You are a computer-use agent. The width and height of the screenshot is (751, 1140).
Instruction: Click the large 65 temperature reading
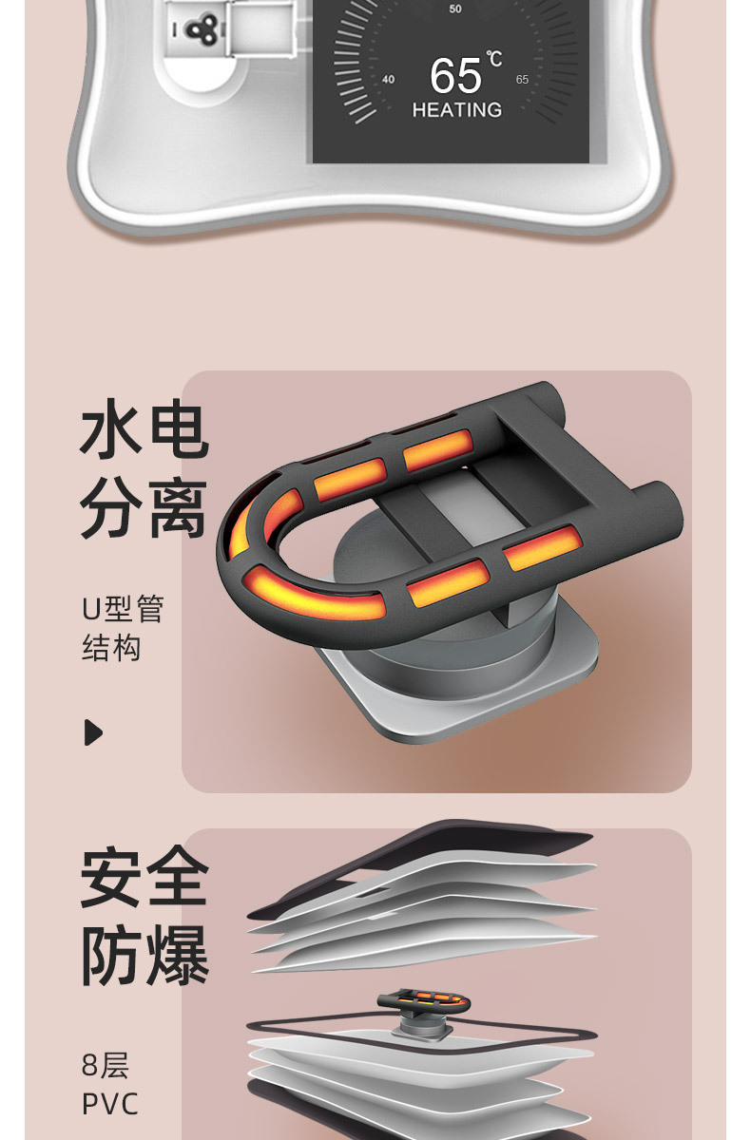455,76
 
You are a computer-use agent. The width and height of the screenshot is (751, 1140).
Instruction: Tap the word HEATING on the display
456,110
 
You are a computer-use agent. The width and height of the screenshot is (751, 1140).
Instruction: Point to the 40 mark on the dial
388,80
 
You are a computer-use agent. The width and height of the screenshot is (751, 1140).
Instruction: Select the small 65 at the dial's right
522,80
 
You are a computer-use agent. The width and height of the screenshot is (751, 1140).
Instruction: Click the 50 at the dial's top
455,9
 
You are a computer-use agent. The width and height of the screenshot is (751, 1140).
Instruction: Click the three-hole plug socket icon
199,29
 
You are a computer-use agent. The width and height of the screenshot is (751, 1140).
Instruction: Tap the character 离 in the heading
176,509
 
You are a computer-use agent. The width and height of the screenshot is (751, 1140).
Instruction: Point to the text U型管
123,609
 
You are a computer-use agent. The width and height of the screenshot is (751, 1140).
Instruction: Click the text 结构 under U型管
111,649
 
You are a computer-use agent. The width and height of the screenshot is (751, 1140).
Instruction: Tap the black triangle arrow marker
93,732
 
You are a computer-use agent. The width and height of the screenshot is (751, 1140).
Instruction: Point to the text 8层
105,1065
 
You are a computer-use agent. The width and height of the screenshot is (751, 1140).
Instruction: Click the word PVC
110,1105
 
